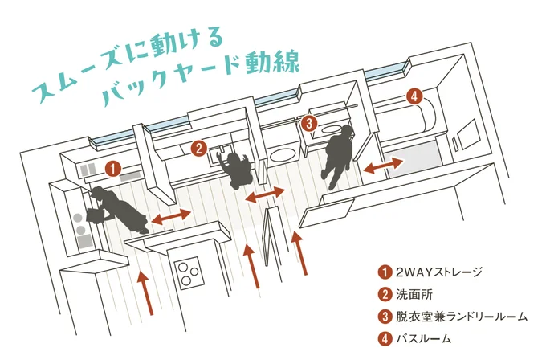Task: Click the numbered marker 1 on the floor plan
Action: (x=113, y=169)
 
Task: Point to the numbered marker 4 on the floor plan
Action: (x=414, y=96)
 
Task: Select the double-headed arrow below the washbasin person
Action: (x=265, y=195)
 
